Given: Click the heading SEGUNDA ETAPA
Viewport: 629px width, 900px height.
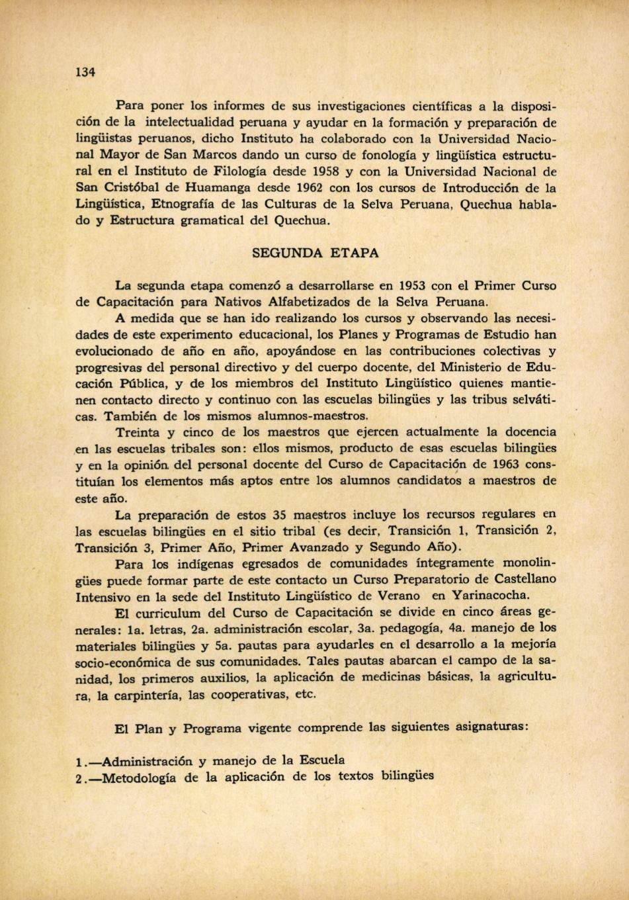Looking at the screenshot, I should [x=315, y=253].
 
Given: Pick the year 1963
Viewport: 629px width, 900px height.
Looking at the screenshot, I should [x=480, y=464].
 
